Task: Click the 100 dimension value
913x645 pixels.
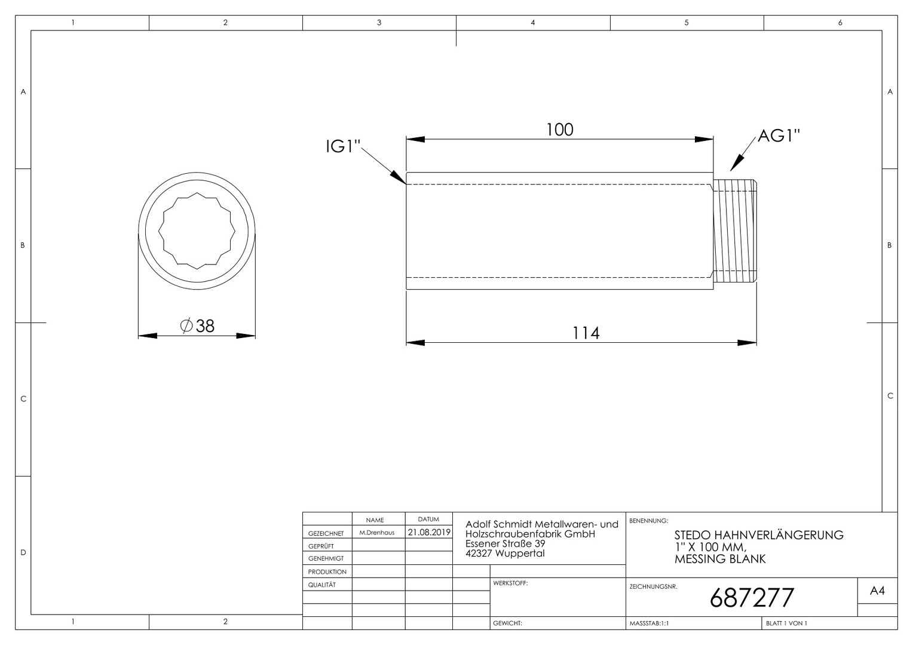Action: point(559,130)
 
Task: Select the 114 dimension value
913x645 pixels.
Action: point(586,333)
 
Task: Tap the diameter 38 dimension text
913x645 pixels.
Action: point(197,326)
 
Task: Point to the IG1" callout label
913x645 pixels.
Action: point(343,146)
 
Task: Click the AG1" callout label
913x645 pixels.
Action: point(779,136)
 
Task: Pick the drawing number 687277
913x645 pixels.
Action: point(752,598)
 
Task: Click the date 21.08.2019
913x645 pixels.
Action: point(429,532)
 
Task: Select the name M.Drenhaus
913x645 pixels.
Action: point(376,533)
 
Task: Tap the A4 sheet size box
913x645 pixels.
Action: point(877,591)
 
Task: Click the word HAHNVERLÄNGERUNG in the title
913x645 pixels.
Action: point(779,535)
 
